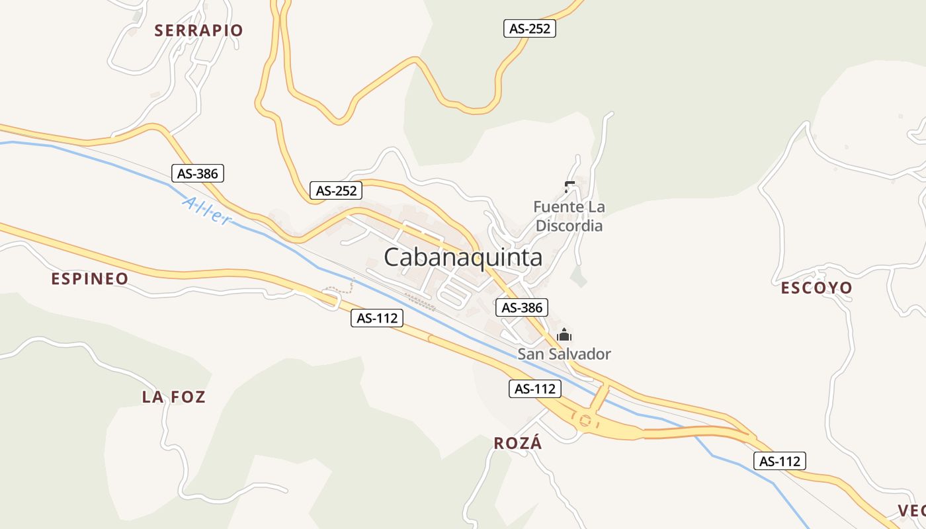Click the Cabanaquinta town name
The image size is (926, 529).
pos(463,257)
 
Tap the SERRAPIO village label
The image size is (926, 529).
pos(198,30)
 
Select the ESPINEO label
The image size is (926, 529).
pos(90,279)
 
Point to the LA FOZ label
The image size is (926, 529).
pos(174,397)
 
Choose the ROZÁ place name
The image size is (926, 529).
pos(518,443)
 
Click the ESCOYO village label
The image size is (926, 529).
pos(817,288)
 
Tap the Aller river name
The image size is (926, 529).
pos(207,211)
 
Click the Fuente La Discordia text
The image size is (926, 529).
pos(569,216)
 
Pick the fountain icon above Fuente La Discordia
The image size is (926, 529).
pos(569,186)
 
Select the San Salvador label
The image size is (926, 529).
pos(564,354)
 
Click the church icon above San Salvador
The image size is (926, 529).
pos(564,335)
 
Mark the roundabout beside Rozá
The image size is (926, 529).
pos(585,420)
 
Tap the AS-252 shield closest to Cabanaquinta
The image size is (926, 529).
pos(337,191)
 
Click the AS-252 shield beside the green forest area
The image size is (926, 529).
pos(529,28)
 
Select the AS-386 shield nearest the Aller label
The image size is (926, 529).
pos(198,173)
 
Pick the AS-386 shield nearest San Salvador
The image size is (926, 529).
pos(522,307)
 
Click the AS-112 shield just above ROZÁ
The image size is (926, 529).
pos(535,389)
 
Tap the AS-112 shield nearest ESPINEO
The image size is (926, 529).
pos(377,318)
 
